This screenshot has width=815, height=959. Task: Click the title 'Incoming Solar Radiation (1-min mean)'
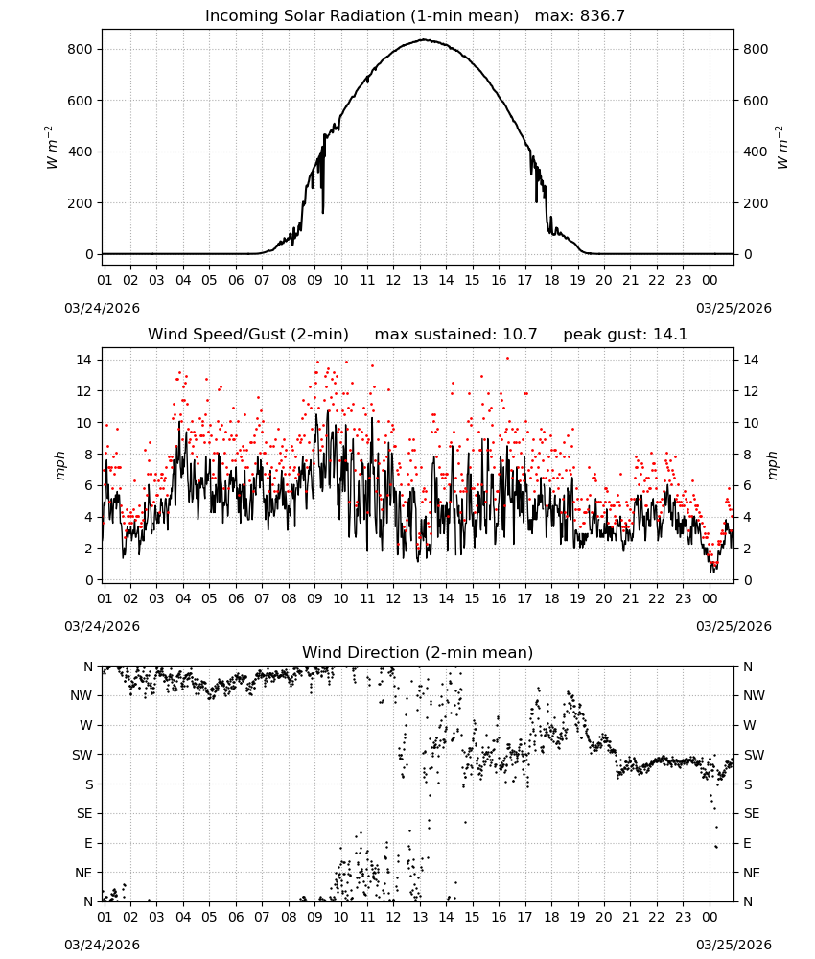(361, 16)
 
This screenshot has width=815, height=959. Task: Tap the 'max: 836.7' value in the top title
(580, 16)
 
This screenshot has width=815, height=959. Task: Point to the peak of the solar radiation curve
(423, 39)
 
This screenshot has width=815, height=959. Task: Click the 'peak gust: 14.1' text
(625, 335)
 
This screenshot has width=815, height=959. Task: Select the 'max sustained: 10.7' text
(455, 335)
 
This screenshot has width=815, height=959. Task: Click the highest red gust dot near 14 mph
(507, 359)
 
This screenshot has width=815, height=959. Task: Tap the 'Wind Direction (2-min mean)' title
(418, 652)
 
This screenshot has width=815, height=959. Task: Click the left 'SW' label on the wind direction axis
(81, 756)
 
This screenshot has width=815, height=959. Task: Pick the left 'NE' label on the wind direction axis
(83, 873)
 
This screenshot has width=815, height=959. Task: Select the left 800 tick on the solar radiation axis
(80, 50)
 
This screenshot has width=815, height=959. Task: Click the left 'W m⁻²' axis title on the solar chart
(52, 148)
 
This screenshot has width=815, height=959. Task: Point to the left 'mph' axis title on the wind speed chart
(59, 465)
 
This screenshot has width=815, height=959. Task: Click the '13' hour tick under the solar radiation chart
(420, 280)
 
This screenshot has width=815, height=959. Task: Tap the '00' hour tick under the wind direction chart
(710, 917)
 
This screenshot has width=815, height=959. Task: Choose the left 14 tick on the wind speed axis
(83, 360)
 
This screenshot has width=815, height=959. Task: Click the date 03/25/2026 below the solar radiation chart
(733, 308)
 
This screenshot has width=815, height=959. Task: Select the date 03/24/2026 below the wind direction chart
(102, 945)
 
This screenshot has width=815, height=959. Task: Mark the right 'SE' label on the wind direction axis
(752, 814)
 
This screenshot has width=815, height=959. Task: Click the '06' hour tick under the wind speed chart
(236, 598)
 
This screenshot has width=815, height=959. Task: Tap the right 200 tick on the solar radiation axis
(756, 203)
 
